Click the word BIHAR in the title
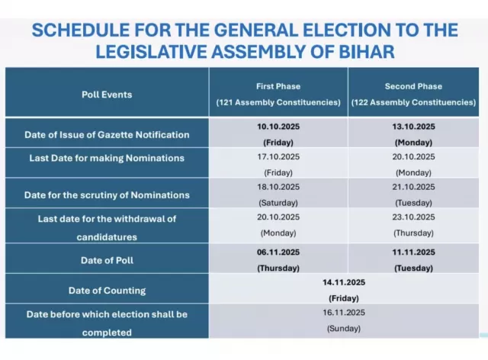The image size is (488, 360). coord(368,52)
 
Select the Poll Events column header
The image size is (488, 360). coord(106,95)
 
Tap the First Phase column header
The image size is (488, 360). coord(278,86)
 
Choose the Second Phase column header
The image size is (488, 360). coord(415,86)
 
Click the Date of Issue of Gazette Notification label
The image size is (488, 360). coord(106,135)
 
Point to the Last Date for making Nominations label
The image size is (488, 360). coord(106,158)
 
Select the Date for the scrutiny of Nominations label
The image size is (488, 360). coord(106,194)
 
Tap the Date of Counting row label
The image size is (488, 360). coord(106,290)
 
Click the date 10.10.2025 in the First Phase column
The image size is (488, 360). coord(278,127)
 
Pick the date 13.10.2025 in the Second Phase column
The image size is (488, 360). coord(415,127)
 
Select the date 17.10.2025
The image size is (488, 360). coord(278,157)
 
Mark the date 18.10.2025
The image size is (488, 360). coord(278,187)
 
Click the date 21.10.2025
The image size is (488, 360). coord(415,187)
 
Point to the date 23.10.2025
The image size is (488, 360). coord(415,217)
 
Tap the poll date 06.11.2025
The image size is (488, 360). coord(278,252)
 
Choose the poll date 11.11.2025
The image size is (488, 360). coord(415,252)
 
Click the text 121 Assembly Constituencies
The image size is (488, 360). coord(278,102)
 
